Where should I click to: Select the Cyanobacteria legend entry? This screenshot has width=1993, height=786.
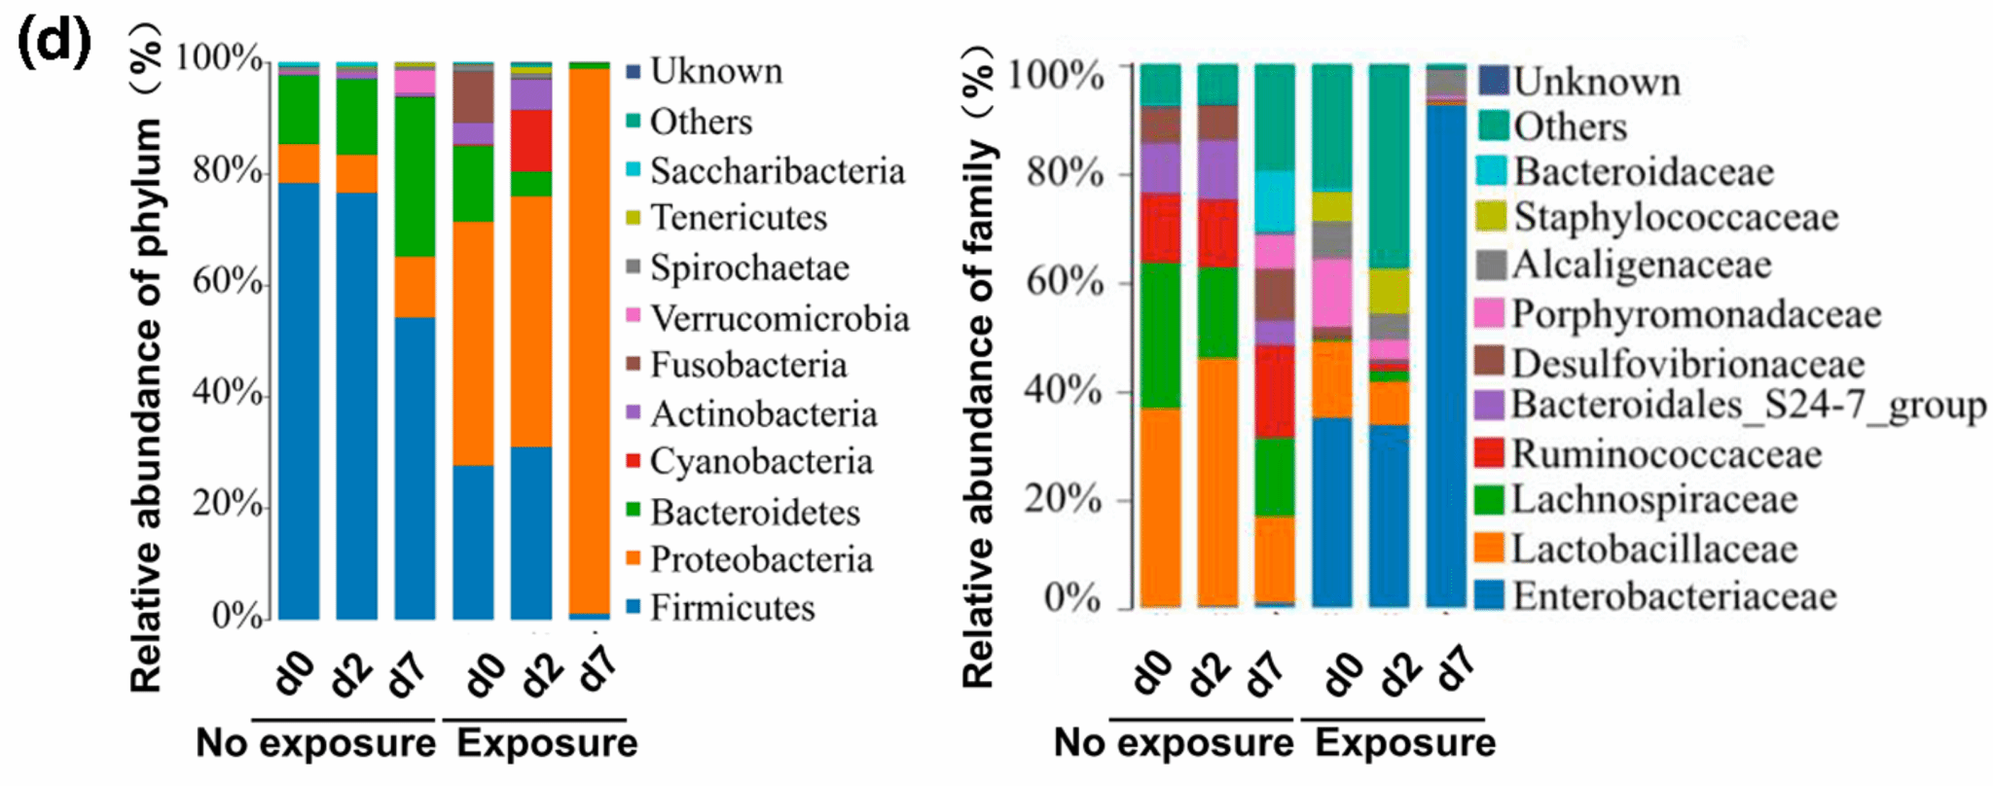pyautogui.click(x=760, y=461)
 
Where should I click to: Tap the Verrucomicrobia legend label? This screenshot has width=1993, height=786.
pyautogui.click(x=779, y=318)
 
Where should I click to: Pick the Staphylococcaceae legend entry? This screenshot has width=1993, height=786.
pyautogui.click(x=1675, y=217)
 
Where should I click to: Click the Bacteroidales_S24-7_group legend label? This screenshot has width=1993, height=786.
pyautogui.click(x=1748, y=405)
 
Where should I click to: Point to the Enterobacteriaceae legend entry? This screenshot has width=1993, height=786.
pyautogui.click(x=1674, y=595)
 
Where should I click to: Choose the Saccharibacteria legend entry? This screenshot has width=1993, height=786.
pyautogui.click(x=777, y=171)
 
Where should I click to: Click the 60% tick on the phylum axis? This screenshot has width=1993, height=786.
pyautogui.click(x=229, y=282)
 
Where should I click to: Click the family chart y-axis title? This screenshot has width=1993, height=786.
pyautogui.click(x=979, y=370)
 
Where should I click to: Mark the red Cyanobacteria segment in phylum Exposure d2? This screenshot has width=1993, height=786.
pyautogui.click(x=531, y=140)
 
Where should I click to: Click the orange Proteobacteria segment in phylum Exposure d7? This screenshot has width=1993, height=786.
pyautogui.click(x=590, y=340)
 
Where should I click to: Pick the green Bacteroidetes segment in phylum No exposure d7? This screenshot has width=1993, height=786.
pyautogui.click(x=415, y=175)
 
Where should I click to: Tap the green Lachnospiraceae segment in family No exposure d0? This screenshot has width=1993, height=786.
pyautogui.click(x=1160, y=335)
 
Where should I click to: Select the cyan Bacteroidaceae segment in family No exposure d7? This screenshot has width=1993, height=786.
pyautogui.click(x=1275, y=201)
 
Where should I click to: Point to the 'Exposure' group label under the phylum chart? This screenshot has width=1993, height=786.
pyautogui.click(x=547, y=743)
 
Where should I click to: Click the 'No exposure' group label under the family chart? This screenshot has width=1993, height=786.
pyautogui.click(x=1174, y=743)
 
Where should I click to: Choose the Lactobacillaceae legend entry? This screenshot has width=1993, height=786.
pyautogui.click(x=1654, y=549)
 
